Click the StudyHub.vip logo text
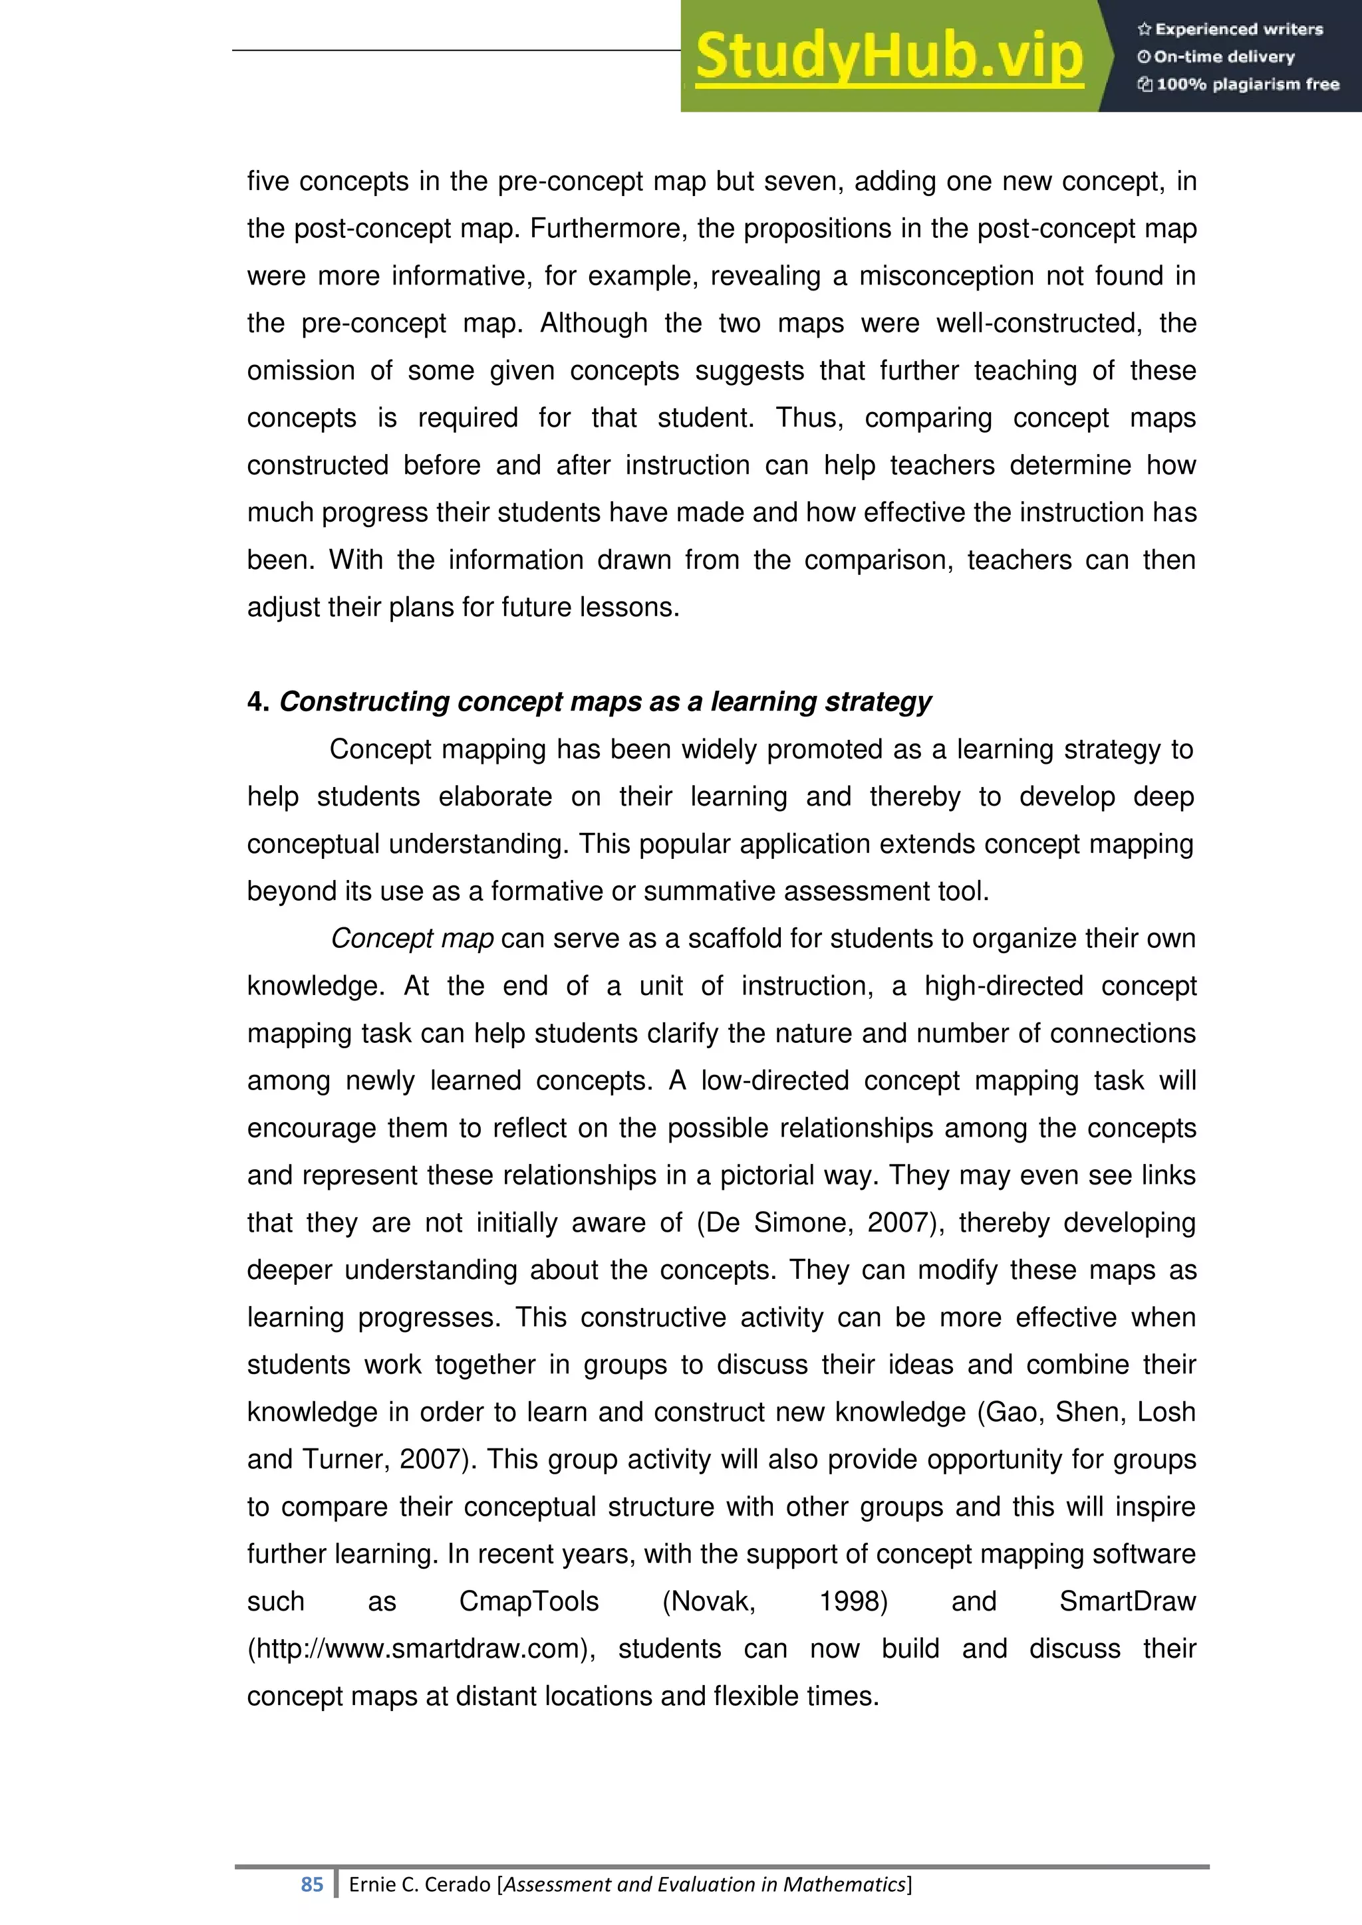tap(889, 57)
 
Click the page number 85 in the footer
tap(312, 1884)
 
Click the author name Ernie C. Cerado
tap(420, 1884)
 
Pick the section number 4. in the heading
tap(257, 702)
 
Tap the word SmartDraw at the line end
tap(1127, 1601)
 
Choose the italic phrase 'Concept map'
tap(412, 938)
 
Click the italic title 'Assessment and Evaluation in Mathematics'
tap(704, 1884)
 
